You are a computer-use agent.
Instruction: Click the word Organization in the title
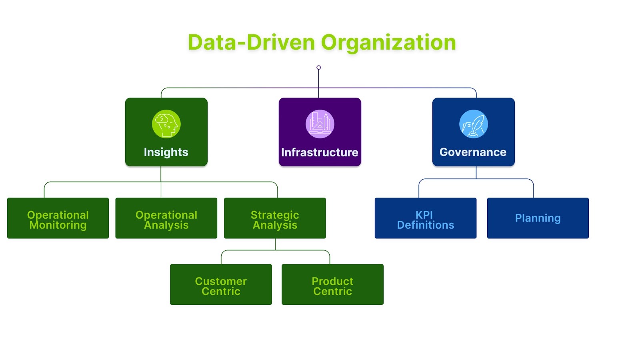(388, 43)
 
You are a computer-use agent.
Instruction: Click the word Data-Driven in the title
(252, 43)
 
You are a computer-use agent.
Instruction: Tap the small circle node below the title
(318, 68)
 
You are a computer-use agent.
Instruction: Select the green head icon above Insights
(166, 124)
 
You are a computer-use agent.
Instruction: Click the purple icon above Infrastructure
(320, 124)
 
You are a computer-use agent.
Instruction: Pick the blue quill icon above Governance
(474, 124)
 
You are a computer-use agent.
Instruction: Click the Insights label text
(166, 152)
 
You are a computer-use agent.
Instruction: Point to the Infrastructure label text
(320, 152)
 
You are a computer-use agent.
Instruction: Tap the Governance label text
(473, 152)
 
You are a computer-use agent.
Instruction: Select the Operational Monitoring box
(58, 218)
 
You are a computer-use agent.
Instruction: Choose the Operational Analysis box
(166, 218)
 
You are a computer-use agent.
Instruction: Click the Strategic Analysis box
(275, 218)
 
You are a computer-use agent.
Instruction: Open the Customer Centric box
(221, 284)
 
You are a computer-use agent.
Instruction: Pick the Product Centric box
(332, 284)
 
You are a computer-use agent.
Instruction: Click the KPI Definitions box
(426, 218)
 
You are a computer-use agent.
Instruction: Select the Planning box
(538, 218)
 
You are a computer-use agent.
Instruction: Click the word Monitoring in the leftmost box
(58, 225)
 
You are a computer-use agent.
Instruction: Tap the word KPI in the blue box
(424, 215)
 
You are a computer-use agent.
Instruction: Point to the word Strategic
(275, 215)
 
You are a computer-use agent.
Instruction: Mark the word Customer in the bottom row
(221, 281)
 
